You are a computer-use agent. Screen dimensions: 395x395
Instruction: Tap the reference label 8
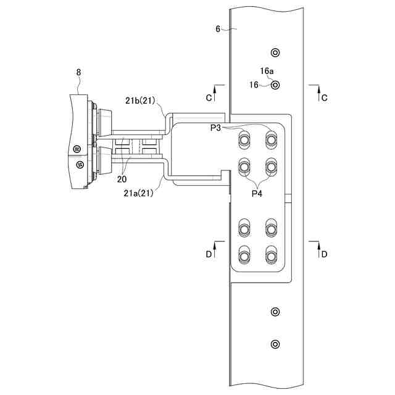78,72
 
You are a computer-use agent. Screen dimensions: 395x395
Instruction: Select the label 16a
267,71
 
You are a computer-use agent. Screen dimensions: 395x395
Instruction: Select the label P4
257,193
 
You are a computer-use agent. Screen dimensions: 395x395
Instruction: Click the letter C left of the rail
209,98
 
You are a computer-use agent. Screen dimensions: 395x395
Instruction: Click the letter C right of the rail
325,98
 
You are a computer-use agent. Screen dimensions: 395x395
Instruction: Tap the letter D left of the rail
209,254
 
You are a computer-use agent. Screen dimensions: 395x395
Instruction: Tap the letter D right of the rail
325,254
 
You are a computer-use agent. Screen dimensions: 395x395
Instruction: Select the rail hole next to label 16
275,85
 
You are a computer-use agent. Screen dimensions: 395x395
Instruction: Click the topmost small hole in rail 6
275,51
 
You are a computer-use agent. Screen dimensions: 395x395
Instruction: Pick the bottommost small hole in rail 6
275,343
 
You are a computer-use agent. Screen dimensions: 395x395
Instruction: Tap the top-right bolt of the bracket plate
270,139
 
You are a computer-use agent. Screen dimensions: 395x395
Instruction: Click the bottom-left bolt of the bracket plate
245,255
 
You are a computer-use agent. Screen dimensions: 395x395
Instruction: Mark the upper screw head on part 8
77,149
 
